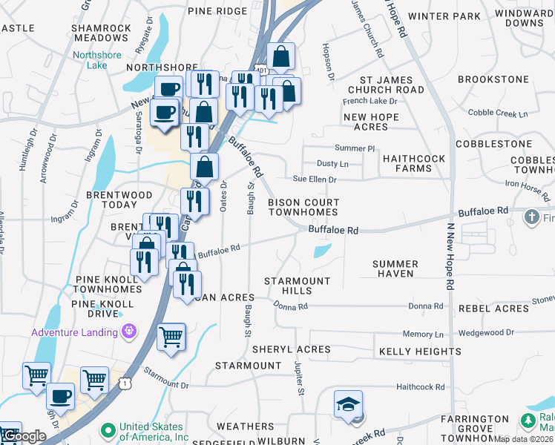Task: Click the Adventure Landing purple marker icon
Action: pos(131,332)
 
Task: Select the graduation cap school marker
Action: pos(347,404)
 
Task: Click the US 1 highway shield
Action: pos(124,382)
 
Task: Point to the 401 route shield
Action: pos(260,69)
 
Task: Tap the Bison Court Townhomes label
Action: pos(303,207)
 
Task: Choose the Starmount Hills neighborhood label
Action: pos(298,286)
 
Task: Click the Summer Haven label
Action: pos(395,268)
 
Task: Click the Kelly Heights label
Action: pos(420,351)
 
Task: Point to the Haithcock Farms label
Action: pos(407,163)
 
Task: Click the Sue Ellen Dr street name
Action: pos(315,179)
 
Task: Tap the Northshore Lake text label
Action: pos(99,60)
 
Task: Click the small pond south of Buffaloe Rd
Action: pos(322,251)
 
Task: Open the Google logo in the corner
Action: pos(24,436)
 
